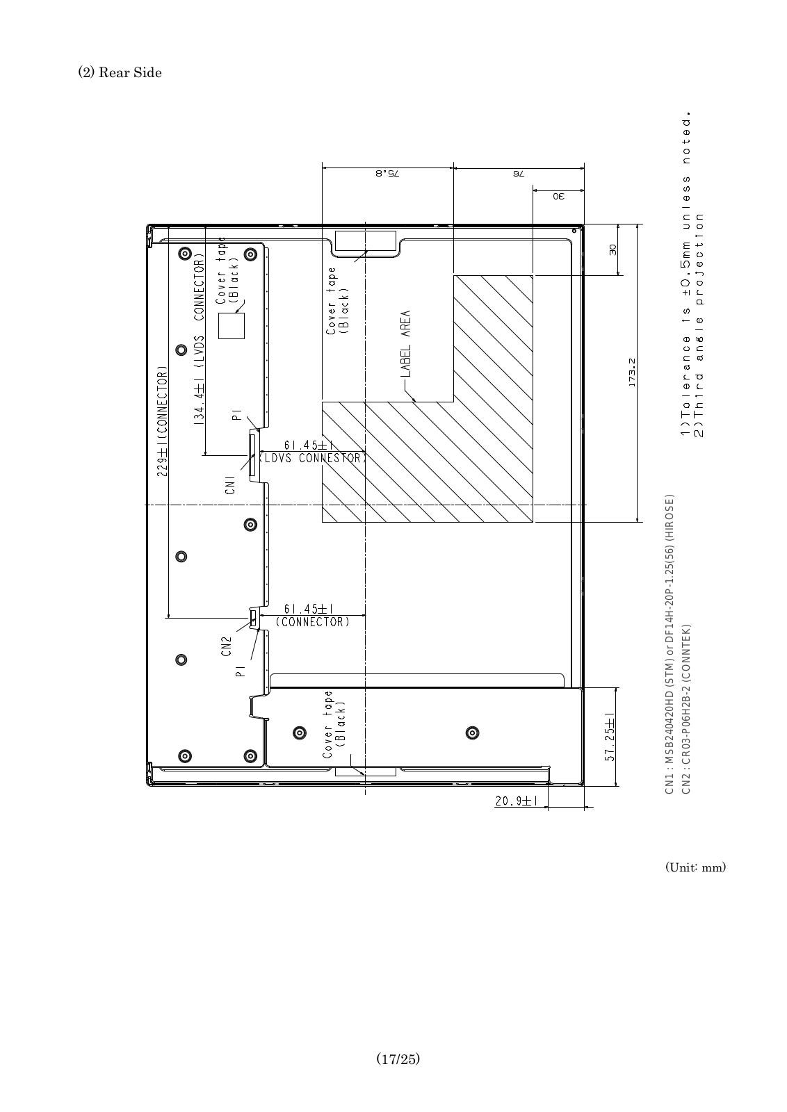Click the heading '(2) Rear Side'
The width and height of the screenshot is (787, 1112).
tap(120, 72)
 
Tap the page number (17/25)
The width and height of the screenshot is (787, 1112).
tap(398, 1059)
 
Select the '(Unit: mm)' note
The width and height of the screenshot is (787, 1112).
tap(695, 867)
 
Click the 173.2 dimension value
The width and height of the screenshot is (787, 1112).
tap(632, 373)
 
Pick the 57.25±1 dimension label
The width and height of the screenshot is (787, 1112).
tap(610, 737)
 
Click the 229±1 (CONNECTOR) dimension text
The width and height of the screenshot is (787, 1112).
tap(163, 421)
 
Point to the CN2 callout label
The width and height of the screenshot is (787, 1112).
tap(227, 647)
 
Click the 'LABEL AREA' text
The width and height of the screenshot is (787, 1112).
tap(405, 343)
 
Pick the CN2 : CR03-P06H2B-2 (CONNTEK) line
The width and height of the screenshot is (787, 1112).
tap(685, 708)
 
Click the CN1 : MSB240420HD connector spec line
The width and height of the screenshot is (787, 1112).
tap(670, 644)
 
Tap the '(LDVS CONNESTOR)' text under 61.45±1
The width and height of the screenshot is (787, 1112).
tap(312, 458)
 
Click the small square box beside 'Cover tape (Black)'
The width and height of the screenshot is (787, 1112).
tap(232, 326)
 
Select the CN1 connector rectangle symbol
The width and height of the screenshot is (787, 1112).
tap(252, 455)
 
